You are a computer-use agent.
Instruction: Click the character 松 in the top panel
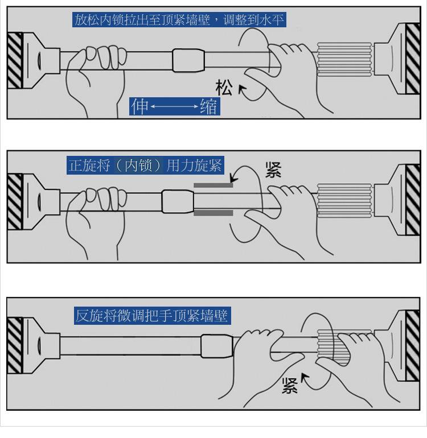coord(224,88)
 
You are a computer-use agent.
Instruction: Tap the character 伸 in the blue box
coord(139,106)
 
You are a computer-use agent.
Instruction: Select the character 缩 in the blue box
coord(208,106)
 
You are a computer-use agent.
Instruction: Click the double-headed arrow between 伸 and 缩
coord(174,106)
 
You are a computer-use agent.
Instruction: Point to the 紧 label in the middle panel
coord(273,170)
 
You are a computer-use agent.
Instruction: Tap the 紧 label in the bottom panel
coord(290,386)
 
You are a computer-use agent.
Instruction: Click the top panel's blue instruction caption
coord(179,19)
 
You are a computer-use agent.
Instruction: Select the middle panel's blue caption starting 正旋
coord(145,166)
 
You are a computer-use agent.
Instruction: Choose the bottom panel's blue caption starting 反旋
coord(153,316)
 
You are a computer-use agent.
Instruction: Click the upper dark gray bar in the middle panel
coord(213,185)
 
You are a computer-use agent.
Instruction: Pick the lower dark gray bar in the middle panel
coord(213,213)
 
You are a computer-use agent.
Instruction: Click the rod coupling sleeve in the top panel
coord(188,61)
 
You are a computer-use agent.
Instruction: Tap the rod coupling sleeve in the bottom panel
coord(217,346)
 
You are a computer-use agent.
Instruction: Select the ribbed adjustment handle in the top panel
coord(344,59)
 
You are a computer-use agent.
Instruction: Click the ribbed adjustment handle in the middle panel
coord(344,200)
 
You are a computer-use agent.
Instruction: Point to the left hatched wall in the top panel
coord(15,61)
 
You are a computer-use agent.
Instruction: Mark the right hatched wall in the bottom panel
coord(412,345)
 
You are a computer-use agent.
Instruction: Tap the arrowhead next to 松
coord(241,89)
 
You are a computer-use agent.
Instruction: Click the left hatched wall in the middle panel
coord(15,202)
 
